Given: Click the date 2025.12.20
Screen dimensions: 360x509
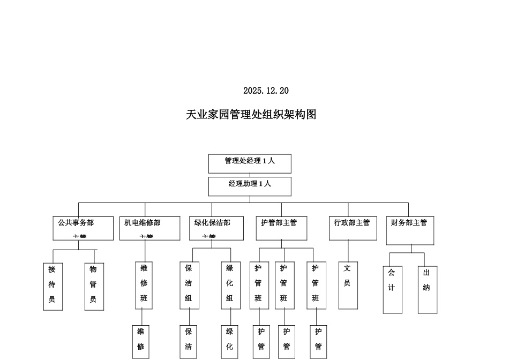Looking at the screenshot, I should click(266, 91).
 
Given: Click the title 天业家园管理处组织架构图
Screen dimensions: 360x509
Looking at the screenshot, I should click(251, 115).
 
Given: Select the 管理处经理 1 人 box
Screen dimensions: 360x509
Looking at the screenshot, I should click(250, 163).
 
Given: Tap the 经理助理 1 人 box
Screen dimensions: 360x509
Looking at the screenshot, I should click(250, 186).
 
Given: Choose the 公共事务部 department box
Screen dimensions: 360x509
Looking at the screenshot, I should click(83, 228).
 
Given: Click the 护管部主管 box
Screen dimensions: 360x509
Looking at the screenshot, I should click(281, 228).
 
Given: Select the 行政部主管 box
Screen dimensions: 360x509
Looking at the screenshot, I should click(353, 228).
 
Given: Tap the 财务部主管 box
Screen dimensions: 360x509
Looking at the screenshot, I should click(411, 230).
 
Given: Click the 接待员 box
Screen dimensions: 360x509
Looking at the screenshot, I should click(53, 287).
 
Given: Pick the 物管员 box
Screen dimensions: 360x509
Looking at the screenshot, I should click(94, 287).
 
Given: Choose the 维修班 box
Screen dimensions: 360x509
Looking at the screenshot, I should click(144, 286).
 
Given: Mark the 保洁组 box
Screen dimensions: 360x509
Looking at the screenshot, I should click(189, 286).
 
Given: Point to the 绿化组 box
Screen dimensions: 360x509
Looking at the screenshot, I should click(230, 286).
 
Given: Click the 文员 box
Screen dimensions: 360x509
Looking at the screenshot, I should click(348, 286).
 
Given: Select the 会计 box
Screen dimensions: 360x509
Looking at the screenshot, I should click(392, 289).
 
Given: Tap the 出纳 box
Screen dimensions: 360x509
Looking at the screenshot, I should click(427, 289).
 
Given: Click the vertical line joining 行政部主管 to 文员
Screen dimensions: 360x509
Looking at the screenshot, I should click(348, 251).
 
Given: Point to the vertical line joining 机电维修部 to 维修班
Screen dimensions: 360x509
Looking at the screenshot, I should click(145, 251).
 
